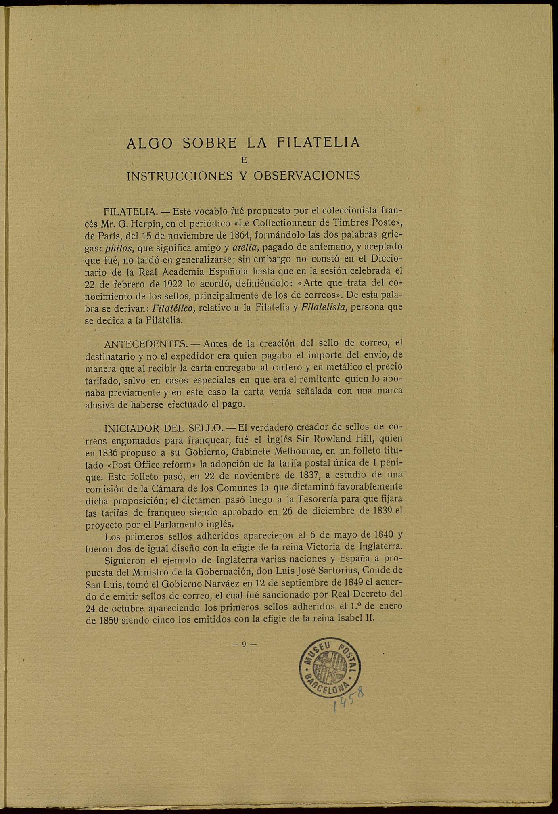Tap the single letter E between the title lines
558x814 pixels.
click(x=243, y=160)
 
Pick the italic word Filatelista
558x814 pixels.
click(x=324, y=308)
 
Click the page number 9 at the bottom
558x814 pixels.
click(x=244, y=645)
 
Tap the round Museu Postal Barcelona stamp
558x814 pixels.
click(x=329, y=668)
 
